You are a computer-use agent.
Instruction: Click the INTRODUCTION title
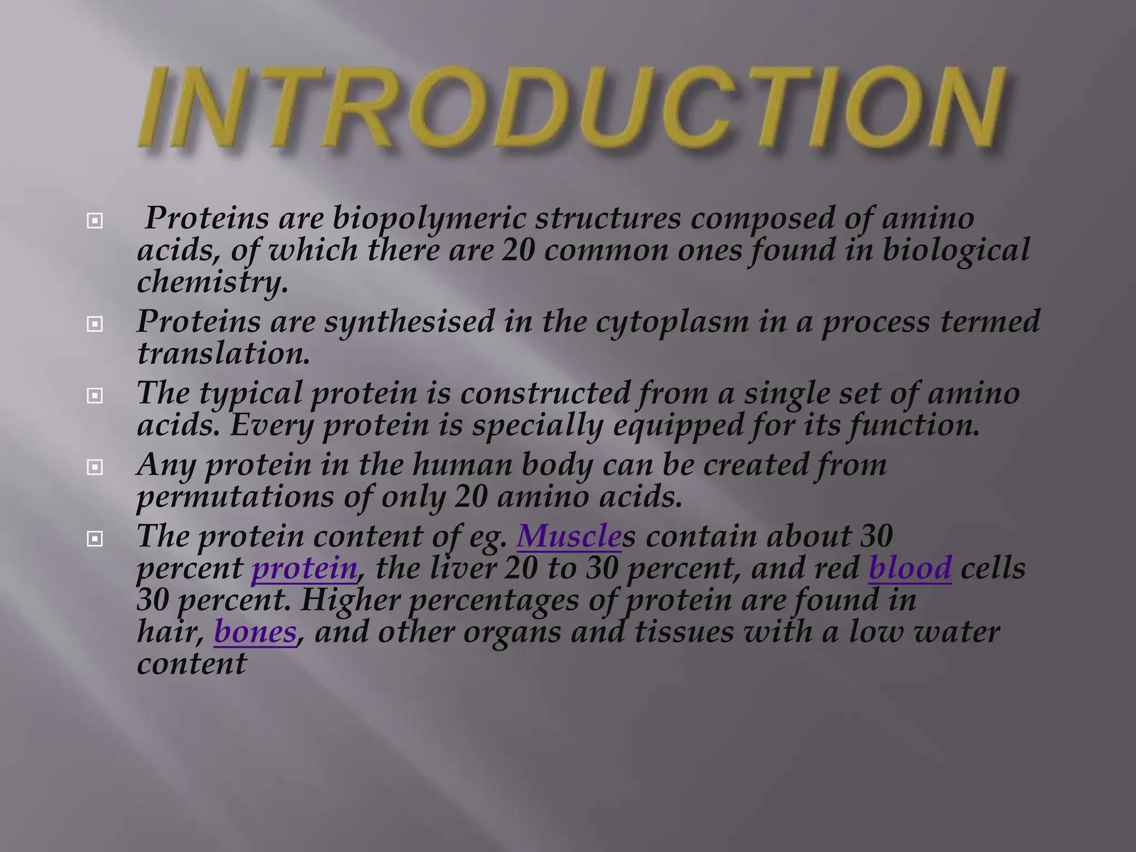click(571, 109)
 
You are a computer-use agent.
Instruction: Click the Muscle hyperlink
click(569, 536)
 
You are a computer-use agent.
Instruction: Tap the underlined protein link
click(304, 569)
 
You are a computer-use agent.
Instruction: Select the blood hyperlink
click(910, 569)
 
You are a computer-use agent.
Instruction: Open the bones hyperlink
click(255, 632)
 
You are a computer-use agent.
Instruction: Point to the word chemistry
click(212, 282)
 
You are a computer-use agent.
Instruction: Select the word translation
click(223, 354)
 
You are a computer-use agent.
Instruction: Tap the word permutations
click(235, 497)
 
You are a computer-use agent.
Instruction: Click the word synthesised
click(409, 322)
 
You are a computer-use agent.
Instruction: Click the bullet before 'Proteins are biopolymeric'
click(95, 221)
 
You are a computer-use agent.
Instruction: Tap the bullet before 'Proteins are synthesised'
click(95, 324)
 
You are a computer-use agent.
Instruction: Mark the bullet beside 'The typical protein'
click(95, 395)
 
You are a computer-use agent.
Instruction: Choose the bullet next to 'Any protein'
click(95, 467)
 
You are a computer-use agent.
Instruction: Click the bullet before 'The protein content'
click(95, 538)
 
